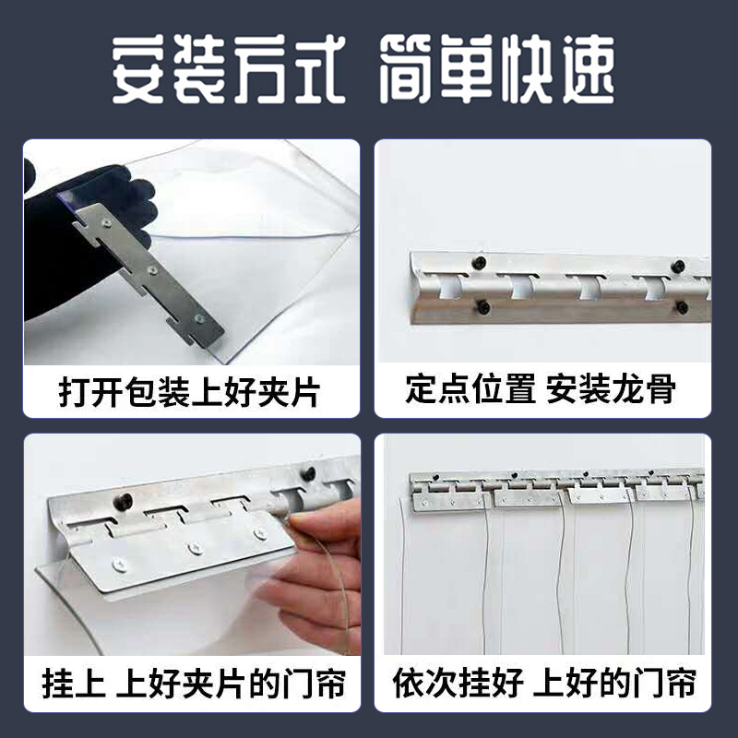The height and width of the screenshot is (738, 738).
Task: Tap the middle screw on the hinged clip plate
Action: [x=195, y=548]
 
